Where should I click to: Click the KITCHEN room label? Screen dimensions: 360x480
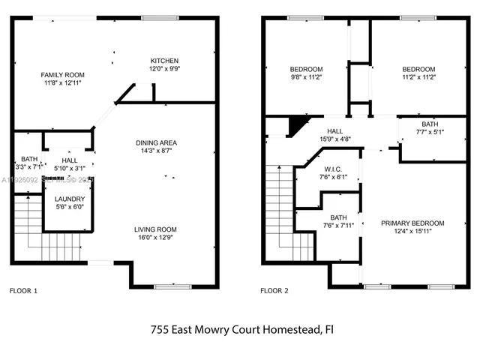pos(164,61)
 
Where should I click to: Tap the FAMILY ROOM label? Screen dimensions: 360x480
pos(63,75)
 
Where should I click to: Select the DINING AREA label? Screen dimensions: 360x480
pos(156,143)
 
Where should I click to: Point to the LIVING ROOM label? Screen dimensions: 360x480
pos(155,229)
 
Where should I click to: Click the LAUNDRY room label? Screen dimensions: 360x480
pos(69,199)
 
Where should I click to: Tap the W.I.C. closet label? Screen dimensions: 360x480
pos(334,169)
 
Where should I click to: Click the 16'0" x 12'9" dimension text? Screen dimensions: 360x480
pos(155,238)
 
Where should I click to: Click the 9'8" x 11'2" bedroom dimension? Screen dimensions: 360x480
pos(306,77)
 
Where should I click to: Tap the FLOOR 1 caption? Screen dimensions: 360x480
pos(23,290)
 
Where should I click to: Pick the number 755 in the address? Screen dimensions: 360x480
pos(160,328)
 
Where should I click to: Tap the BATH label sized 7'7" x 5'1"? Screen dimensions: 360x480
pos(430,124)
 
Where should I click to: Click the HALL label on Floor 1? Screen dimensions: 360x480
pos(70,160)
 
